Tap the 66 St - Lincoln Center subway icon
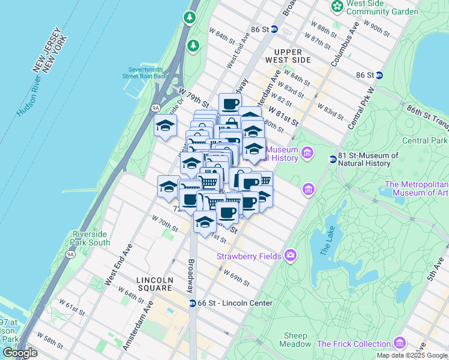click(193, 304)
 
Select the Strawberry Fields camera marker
click(291, 256)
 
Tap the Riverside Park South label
click(91, 238)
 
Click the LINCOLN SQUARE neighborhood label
click(154, 284)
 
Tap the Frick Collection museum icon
click(400, 344)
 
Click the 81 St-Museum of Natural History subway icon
click(333, 159)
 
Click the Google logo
click(19, 353)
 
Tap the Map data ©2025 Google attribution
click(412, 355)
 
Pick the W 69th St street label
click(237, 277)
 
